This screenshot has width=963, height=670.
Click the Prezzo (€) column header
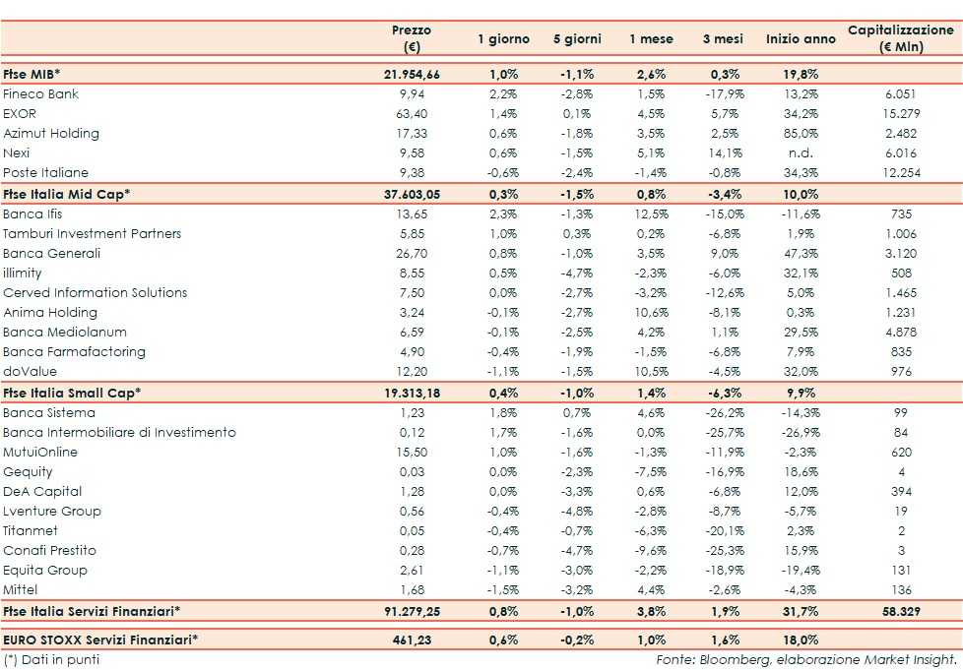[x=411, y=38]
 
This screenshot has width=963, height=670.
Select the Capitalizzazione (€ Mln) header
[x=900, y=38]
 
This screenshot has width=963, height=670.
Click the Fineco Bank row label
[x=41, y=94]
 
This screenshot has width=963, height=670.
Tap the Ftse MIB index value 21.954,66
[x=412, y=75]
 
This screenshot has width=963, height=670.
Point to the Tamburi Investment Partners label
[x=93, y=233]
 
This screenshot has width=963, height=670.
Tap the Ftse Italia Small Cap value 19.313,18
[x=412, y=393]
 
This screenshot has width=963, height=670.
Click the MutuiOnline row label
[x=40, y=452]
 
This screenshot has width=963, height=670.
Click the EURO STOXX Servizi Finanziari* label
[x=99, y=640]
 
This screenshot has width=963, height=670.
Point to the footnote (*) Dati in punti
[x=51, y=659]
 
